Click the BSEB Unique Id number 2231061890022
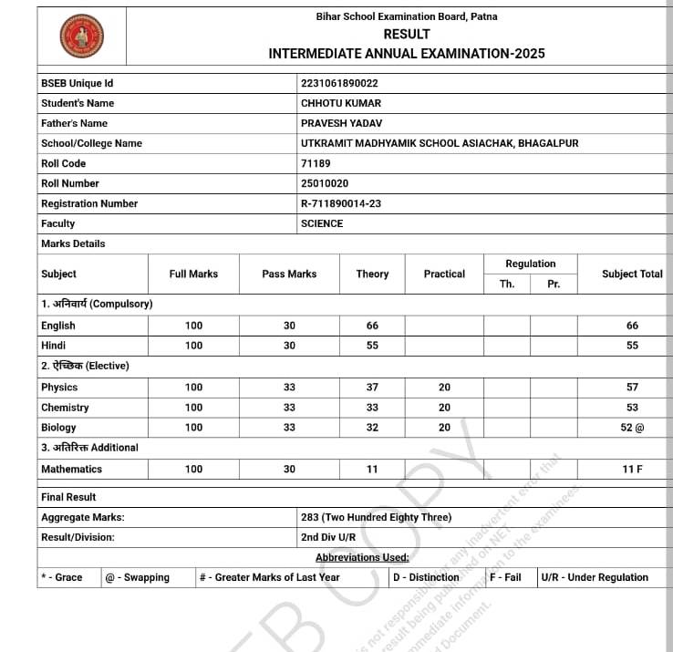tap(339, 83)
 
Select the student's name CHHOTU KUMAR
tap(341, 103)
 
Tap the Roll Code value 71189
tap(316, 163)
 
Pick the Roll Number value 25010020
tap(325, 183)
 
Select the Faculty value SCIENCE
tap(322, 223)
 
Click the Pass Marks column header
tap(289, 274)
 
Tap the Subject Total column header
tap(632, 274)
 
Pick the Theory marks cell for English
tap(372, 326)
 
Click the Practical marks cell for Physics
tap(444, 388)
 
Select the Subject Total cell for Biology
tap(632, 428)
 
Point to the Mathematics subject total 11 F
tap(632, 469)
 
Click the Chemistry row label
tap(65, 408)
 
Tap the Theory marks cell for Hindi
tap(372, 346)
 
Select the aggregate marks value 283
tap(376, 517)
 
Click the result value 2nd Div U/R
tap(328, 537)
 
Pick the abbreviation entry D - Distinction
tap(426, 577)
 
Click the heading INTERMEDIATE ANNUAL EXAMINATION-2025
tap(407, 54)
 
